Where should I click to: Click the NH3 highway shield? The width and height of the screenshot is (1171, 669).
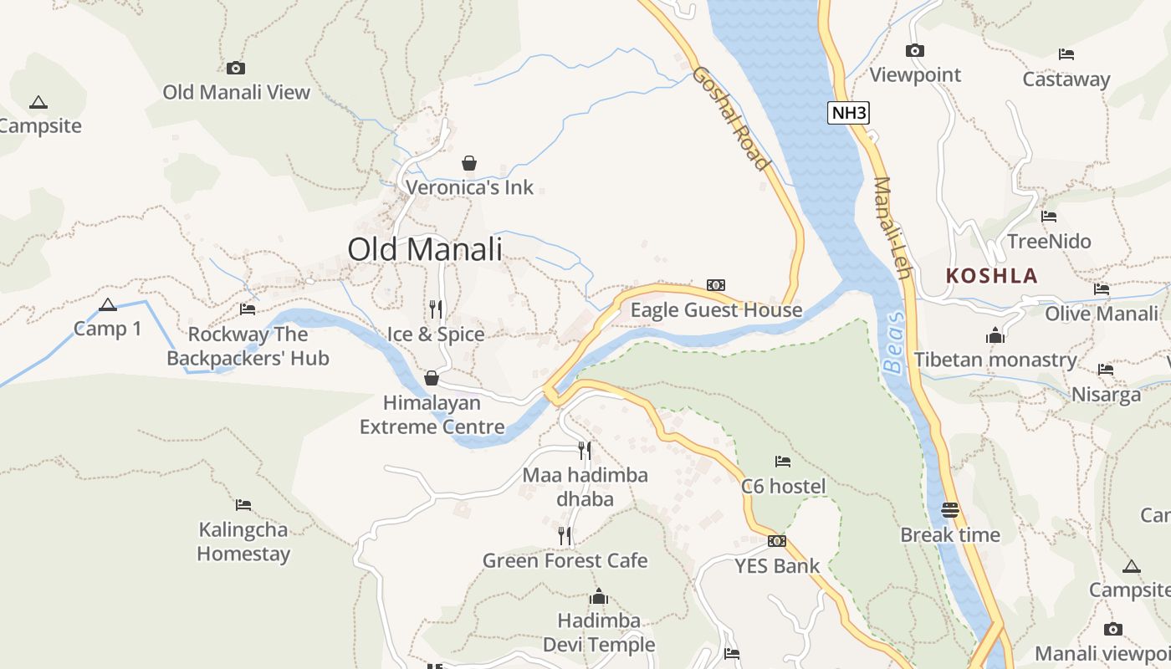coord(848,113)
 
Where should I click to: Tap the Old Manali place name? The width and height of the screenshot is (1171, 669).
coord(425,249)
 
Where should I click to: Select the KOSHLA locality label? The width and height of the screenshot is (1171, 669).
coord(991,276)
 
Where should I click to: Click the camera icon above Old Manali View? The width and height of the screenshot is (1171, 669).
coord(236,68)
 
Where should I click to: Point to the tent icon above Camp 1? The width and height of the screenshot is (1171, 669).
coord(107,304)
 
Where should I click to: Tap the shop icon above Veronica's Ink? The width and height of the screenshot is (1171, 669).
coord(469,162)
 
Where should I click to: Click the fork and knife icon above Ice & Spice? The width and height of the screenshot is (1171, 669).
coord(436,309)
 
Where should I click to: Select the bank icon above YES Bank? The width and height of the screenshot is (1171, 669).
coord(777,541)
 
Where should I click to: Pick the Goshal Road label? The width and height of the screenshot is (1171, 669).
coord(729,118)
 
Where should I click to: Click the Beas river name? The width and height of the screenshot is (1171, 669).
coord(894,343)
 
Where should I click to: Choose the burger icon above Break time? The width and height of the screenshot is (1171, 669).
coord(950,509)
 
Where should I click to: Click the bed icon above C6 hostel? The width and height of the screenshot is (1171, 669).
coord(783,461)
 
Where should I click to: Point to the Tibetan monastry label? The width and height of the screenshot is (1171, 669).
coord(995,360)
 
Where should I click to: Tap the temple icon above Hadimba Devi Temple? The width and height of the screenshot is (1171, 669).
coord(599,596)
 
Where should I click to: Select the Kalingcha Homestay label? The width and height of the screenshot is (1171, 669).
coord(243,541)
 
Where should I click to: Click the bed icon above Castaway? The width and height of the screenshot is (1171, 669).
coord(1066,54)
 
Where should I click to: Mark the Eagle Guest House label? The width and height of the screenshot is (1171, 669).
coord(716,310)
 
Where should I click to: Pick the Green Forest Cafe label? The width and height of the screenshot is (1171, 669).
coord(565,560)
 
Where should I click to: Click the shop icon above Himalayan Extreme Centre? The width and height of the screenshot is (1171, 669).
coord(432,378)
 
